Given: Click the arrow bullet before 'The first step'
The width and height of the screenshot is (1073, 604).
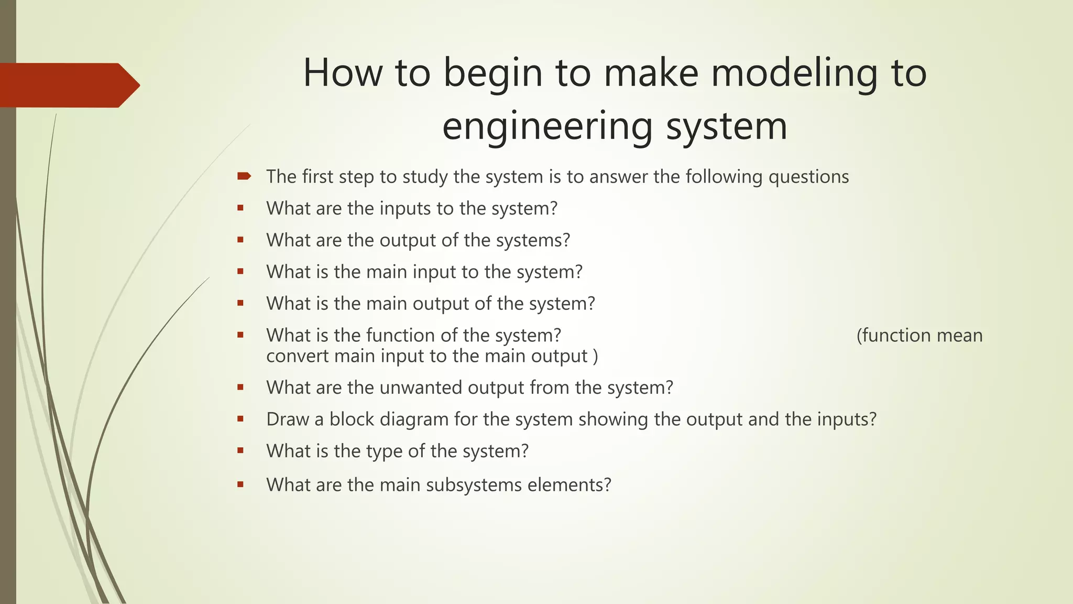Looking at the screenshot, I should coord(244,177).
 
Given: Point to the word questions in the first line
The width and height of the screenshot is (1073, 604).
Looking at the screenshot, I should coord(808,177).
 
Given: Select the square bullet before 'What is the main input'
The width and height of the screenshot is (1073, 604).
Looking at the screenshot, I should coord(240,272).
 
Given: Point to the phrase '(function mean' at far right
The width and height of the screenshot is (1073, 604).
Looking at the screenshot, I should coord(919,336).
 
